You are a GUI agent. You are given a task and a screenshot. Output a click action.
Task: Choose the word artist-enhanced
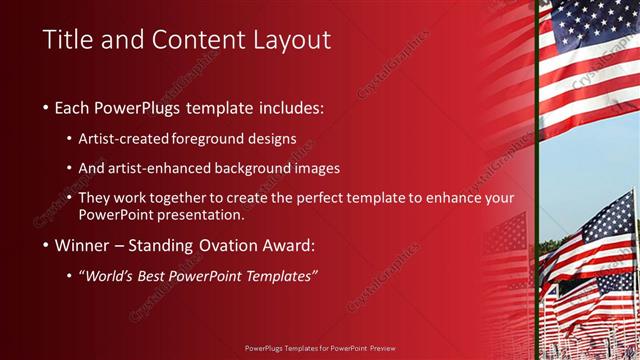tap(170, 168)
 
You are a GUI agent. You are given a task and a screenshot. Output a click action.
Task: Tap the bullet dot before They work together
tap(69, 198)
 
